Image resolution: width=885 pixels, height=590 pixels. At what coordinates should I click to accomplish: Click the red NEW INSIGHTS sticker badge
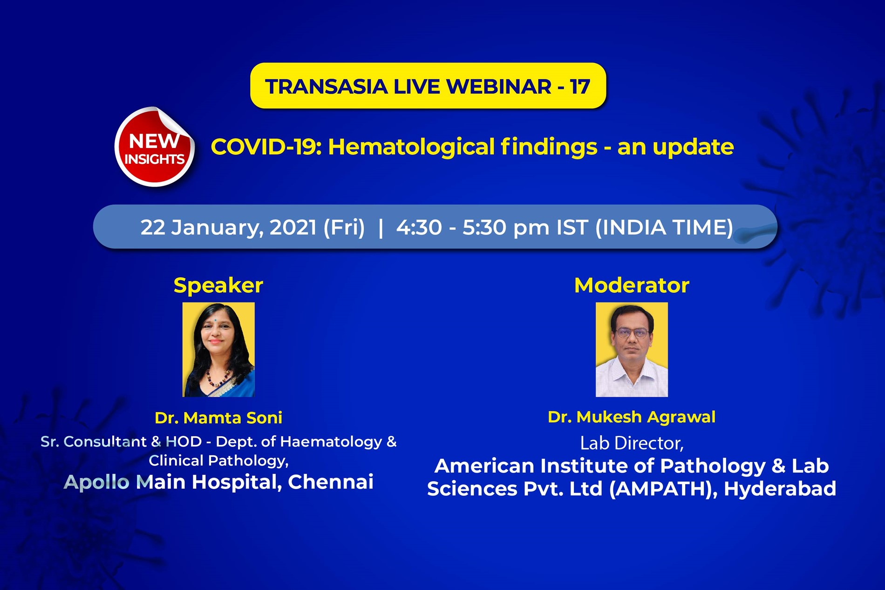pos(154,147)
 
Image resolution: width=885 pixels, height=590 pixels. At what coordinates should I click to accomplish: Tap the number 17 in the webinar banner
pos(580,87)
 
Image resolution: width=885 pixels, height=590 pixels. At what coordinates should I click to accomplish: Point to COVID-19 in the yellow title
pos(266,147)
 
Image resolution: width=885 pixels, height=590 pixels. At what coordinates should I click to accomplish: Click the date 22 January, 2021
pos(229,228)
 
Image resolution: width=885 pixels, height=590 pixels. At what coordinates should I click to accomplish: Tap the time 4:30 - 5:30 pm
pos(473,228)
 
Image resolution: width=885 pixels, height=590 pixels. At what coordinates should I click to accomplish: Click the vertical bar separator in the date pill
pos(381,228)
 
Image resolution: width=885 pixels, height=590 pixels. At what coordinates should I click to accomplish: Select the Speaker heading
pos(218,285)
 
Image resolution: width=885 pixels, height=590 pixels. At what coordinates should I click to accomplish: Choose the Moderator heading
pos(632,285)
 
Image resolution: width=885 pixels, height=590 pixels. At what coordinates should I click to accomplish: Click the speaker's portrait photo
pos(218,350)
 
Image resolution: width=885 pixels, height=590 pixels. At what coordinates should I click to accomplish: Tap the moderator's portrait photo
pos(632,350)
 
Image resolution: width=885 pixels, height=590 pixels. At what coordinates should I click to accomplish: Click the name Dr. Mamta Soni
pos(218,418)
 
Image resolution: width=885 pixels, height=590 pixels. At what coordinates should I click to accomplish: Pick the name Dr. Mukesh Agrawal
pos(632,417)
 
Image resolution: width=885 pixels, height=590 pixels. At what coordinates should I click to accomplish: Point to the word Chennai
pos(330,482)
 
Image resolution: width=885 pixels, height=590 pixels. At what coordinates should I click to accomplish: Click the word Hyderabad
pos(780,489)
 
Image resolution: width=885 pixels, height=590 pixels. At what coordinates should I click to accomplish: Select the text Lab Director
pos(632,443)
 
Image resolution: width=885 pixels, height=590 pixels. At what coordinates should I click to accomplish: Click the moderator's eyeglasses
pos(632,333)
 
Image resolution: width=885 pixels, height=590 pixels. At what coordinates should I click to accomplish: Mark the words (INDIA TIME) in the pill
pos(664,228)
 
